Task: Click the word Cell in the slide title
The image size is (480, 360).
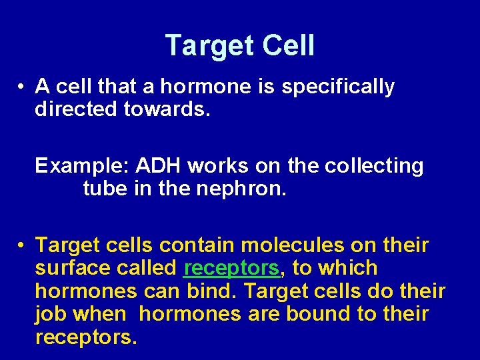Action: [288, 46]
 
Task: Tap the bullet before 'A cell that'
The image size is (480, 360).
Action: [23, 87]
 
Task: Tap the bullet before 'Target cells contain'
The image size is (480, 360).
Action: [23, 246]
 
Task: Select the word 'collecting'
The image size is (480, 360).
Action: [374, 166]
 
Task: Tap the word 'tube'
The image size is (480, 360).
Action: [105, 189]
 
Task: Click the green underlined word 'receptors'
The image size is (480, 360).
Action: [231, 269]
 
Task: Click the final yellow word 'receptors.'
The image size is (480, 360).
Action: [86, 337]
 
